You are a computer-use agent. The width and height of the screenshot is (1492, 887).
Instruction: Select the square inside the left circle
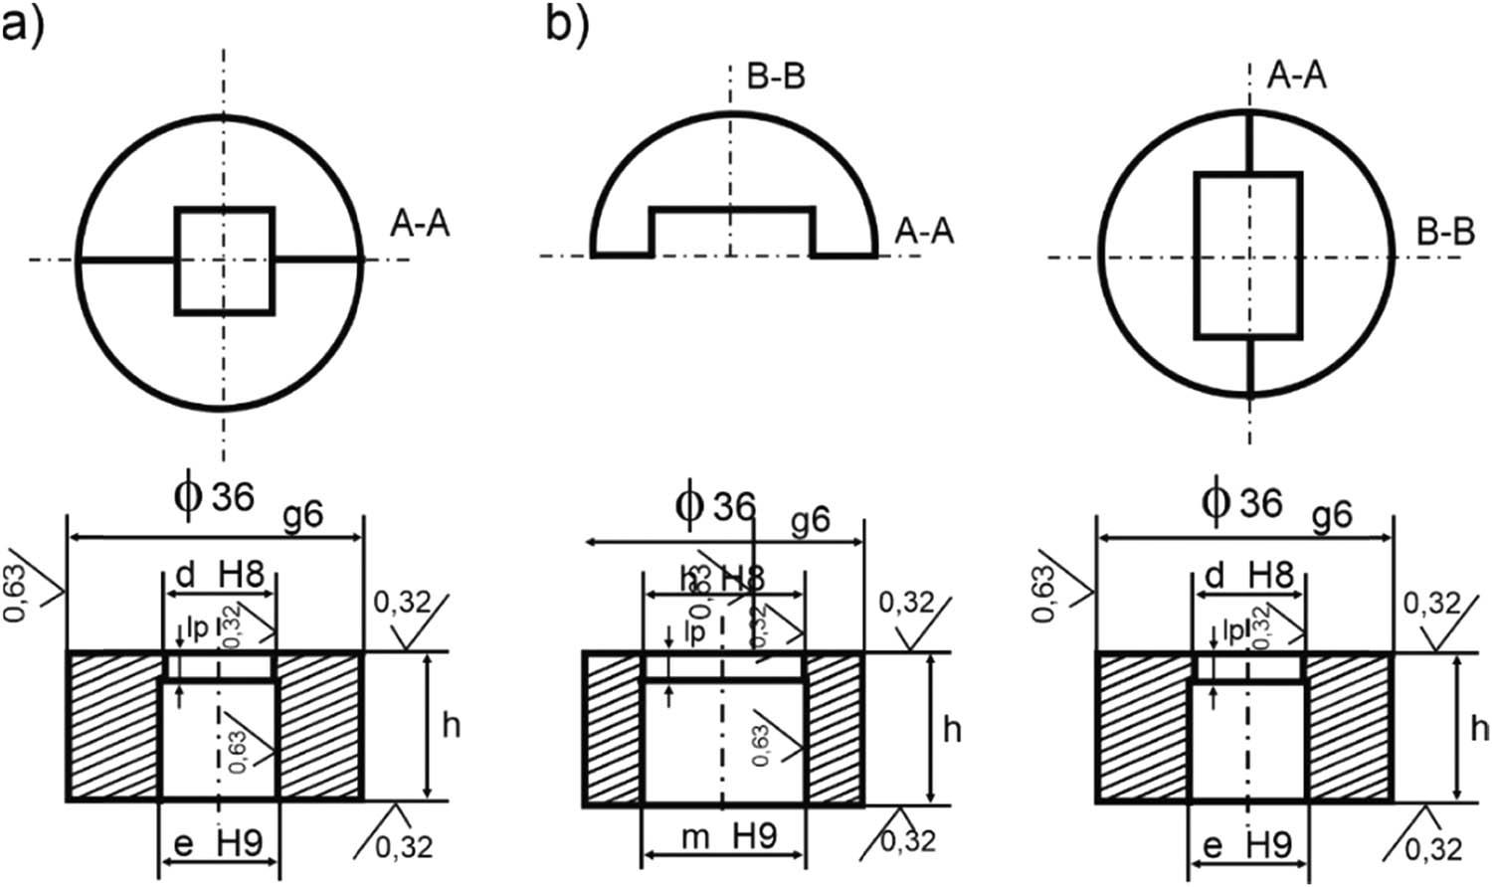point(224,261)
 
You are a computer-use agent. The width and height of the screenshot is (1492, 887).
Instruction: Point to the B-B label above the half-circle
point(775,77)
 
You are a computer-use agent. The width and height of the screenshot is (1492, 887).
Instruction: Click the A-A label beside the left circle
point(420,224)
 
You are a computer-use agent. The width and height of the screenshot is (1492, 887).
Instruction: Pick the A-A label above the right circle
point(1297,76)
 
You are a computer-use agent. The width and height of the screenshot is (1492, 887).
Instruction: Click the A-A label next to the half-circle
point(924,231)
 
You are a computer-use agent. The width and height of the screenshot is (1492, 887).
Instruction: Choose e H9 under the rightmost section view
point(1248,845)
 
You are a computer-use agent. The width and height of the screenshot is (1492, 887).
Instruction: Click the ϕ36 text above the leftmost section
point(211,493)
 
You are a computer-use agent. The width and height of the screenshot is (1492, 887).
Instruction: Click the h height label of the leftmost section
point(451,726)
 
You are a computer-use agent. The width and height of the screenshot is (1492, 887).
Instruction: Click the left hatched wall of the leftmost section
point(113,726)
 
